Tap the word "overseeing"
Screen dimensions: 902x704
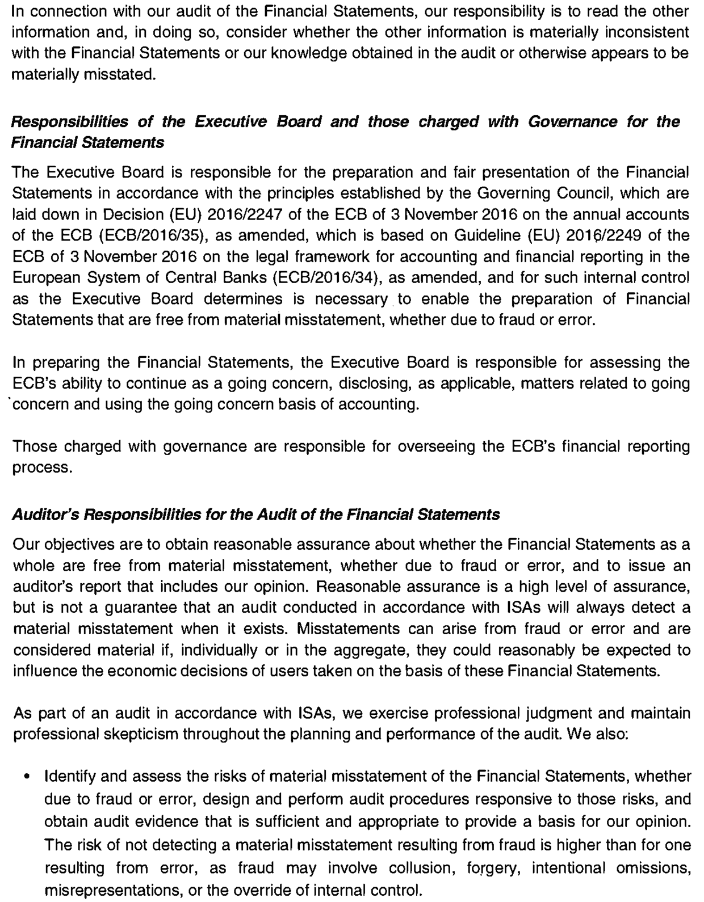(437, 446)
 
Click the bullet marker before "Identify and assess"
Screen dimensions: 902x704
(27, 776)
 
